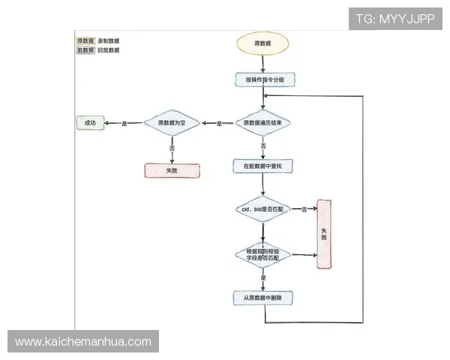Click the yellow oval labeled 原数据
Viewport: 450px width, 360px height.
[x=263, y=43]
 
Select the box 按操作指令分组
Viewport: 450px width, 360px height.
[x=263, y=79]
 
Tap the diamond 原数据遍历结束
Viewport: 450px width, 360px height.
[x=263, y=123]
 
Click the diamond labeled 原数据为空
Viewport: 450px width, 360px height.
[x=172, y=123]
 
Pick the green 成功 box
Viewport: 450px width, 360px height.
[x=90, y=122]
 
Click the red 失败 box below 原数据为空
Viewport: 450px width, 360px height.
[x=172, y=170]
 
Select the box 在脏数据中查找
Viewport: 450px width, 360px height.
[x=262, y=164]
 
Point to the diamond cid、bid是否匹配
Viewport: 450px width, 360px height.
[x=262, y=208]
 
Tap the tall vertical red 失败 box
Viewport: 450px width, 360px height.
[x=324, y=234]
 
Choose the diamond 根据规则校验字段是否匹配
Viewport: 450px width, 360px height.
[x=262, y=254]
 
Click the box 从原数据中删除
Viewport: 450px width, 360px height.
[x=262, y=298]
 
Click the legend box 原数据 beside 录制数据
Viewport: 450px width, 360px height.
[x=85, y=40]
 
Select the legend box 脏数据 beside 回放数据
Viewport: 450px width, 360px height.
[x=85, y=50]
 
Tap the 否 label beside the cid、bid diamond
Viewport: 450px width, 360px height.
[x=304, y=209]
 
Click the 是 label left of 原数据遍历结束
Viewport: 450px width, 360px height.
[x=220, y=124]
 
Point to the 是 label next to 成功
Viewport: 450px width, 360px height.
[x=124, y=123]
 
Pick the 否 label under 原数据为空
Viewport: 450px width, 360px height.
[x=172, y=148]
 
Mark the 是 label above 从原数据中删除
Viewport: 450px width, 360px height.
[x=263, y=278]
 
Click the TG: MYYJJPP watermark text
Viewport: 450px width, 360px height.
[x=395, y=19]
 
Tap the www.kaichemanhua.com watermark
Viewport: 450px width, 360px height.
[x=83, y=342]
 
